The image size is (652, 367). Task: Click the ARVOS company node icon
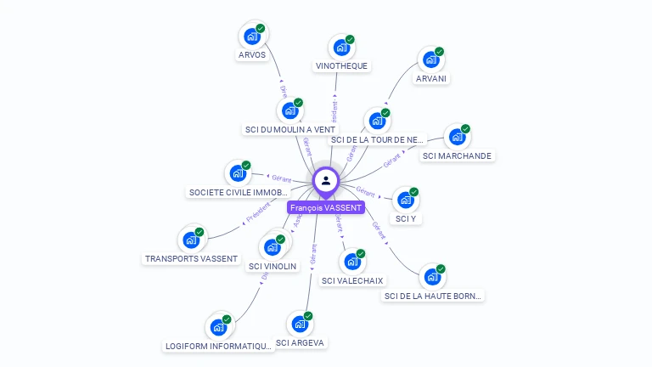251,37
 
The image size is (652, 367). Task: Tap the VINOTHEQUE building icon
341,48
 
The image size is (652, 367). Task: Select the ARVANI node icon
431,59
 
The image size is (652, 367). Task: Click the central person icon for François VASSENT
326,180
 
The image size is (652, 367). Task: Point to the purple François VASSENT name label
326,207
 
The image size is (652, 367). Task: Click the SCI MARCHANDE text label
457,155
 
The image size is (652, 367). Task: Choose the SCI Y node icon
405,200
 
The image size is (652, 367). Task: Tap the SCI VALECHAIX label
352,280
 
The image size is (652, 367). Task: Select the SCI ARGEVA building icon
299,324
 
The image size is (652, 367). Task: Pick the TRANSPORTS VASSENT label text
191,258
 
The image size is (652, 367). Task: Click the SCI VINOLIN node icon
273,247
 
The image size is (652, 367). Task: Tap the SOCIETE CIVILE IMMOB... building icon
238,173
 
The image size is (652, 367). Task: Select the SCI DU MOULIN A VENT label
289,129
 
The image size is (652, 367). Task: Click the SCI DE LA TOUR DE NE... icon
376,121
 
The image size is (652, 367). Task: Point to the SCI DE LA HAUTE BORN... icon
432,277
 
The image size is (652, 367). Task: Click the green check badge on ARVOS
261,28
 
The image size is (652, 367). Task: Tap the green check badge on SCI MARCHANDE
465,129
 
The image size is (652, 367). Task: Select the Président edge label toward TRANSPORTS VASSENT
257,212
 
